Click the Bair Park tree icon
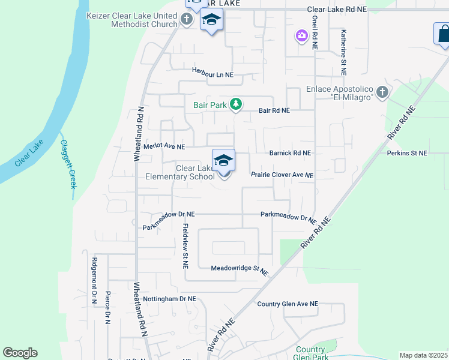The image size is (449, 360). [x=236, y=105]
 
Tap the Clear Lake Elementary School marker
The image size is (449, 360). [x=223, y=161]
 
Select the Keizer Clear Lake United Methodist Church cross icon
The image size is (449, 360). [x=187, y=20]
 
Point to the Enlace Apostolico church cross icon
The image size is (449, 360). [x=382, y=93]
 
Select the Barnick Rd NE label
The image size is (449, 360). [x=290, y=153]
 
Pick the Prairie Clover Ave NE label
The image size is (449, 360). [x=282, y=175]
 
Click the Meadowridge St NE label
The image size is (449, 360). [x=240, y=270]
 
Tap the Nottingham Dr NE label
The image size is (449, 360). [x=169, y=298]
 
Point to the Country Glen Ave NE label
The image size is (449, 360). [x=287, y=304]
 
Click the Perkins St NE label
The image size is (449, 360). [x=407, y=154]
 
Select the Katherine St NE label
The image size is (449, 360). [x=343, y=53]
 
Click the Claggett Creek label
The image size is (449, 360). [x=68, y=164]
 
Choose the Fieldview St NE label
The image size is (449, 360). [x=186, y=246]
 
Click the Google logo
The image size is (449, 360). [x=20, y=353]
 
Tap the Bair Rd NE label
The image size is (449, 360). [x=274, y=111]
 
